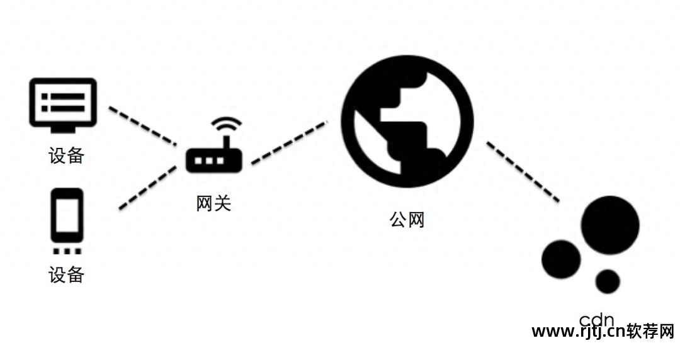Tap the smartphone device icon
[67, 215]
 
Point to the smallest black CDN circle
[608, 281]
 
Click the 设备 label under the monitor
[66, 155]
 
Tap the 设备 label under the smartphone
[66, 274]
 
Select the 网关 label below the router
[213, 203]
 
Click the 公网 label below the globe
[407, 220]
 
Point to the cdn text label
[596, 319]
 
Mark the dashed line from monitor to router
[142, 125]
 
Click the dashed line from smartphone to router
[148, 188]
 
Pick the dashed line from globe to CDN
[523, 171]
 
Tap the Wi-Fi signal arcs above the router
[226, 124]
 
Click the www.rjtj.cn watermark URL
[579, 332]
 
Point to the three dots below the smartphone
[67, 251]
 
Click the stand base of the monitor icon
[64, 130]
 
